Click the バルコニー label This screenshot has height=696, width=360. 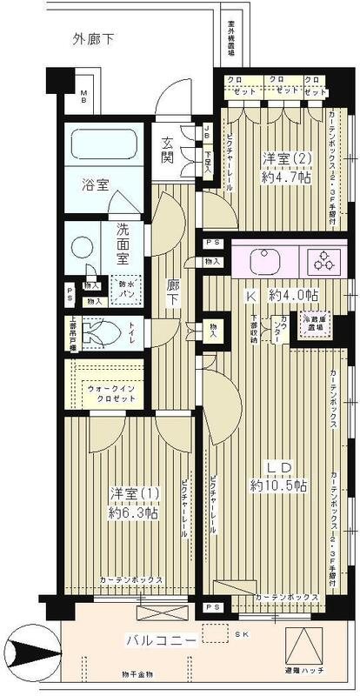(155, 642)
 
